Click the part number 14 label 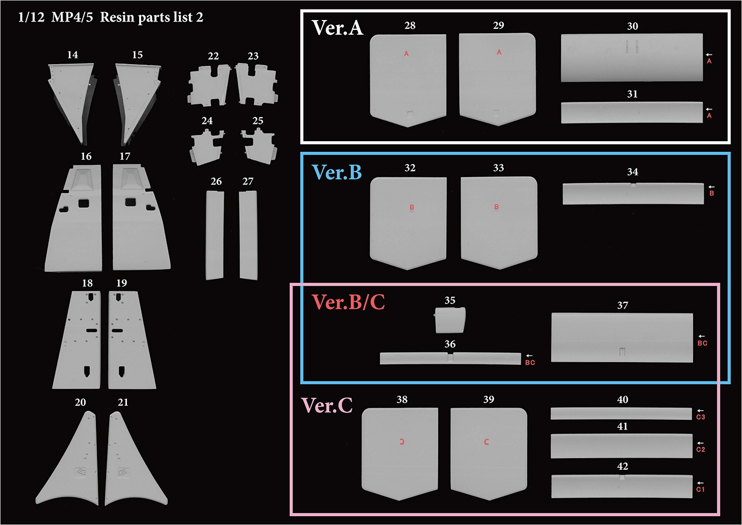[72, 55]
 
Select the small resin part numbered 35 [450, 320]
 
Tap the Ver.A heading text [337, 27]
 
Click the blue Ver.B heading [336, 172]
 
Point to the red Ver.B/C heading [348, 302]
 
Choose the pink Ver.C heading [327, 405]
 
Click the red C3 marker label [701, 417]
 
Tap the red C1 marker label [701, 489]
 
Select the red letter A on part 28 [407, 54]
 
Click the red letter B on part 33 [496, 207]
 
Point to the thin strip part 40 [621, 414]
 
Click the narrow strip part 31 [632, 112]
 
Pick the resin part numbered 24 [207, 147]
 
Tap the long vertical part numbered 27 [248, 235]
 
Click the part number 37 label [622, 305]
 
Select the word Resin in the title [116, 17]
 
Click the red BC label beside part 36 [530, 363]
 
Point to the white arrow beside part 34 [711, 187]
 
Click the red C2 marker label [701, 449]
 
